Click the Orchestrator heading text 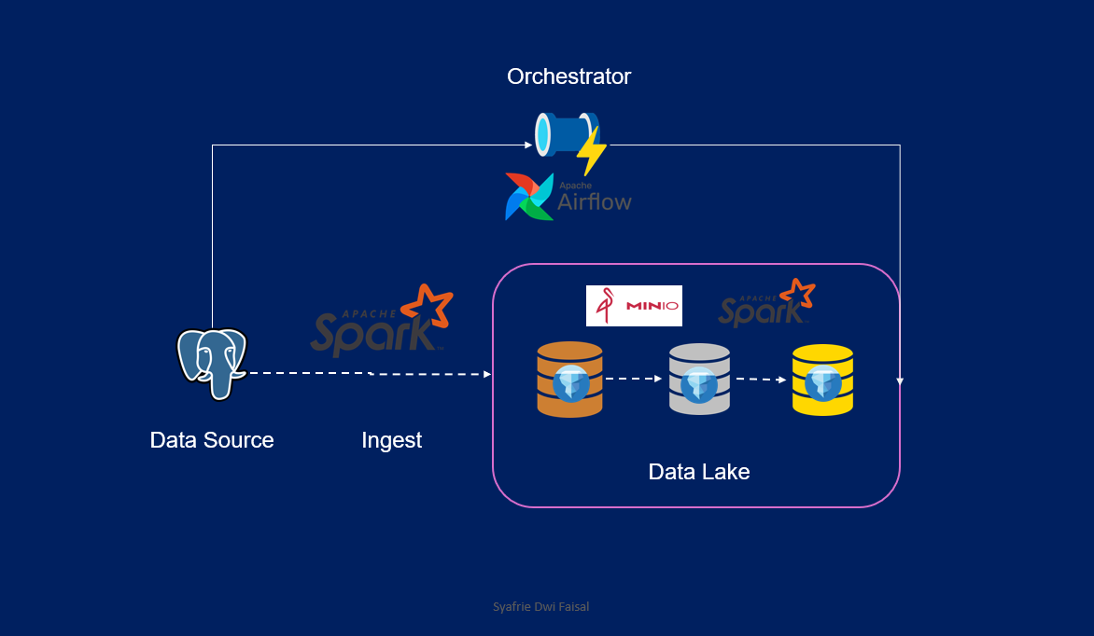click(568, 76)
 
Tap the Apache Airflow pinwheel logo click(529, 197)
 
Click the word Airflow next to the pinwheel click(595, 200)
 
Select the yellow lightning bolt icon click(591, 150)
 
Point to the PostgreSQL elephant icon click(212, 363)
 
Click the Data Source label click(212, 440)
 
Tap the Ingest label click(391, 440)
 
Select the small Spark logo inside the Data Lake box click(766, 303)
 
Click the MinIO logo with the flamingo click(634, 306)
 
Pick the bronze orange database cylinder click(569, 379)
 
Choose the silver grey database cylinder click(699, 379)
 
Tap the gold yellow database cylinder click(822, 380)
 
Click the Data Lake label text click(699, 472)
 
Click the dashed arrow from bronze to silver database click(634, 380)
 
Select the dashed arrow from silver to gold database click(761, 380)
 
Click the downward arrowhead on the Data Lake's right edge click(900, 380)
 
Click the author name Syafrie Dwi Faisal click(540, 607)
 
